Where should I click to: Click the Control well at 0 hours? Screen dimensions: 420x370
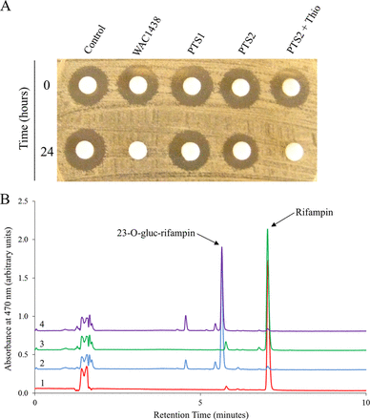tap(92, 87)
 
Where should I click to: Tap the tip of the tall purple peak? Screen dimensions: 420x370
tap(222, 247)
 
